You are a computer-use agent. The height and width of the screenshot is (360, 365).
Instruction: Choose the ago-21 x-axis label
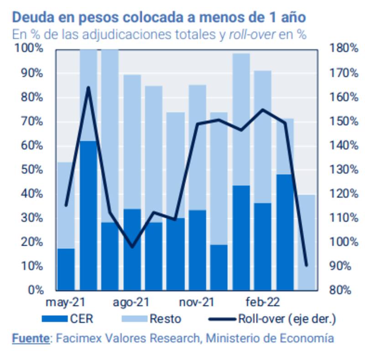coord(131,302)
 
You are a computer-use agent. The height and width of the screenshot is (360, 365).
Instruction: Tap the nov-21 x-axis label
coord(196,302)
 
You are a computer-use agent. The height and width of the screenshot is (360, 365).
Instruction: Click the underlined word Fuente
coord(30,339)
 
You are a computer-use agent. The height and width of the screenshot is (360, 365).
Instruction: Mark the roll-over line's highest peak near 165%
coord(88,87)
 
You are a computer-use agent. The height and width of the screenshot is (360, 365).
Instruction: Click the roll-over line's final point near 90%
coord(306,265)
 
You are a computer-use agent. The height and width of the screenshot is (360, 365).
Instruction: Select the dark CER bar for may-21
coord(66,270)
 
